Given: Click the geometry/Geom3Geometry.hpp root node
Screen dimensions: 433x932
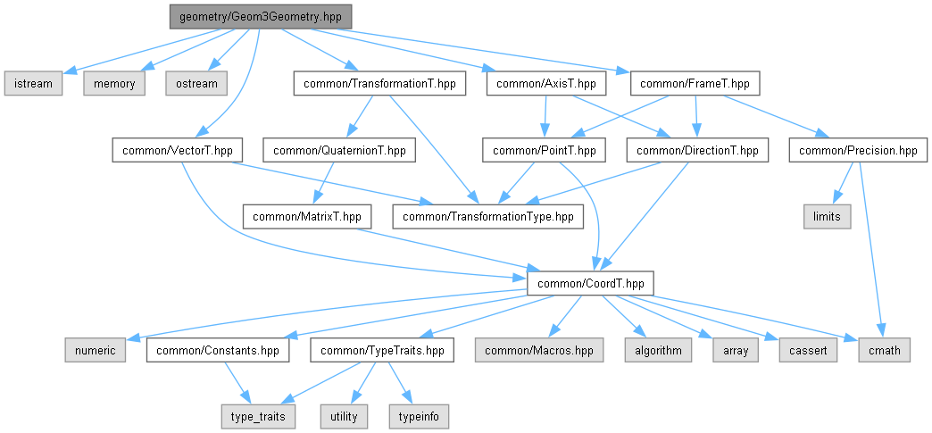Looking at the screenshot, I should tap(260, 17).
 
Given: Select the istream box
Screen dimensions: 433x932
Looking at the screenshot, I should tap(33, 84).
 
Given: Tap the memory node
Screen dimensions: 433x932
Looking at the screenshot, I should tap(114, 84).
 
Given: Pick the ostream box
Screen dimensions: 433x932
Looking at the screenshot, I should tap(196, 84).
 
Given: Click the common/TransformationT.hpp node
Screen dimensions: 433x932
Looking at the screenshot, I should tap(379, 84).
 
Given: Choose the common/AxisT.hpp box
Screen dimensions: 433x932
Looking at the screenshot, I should tap(546, 84).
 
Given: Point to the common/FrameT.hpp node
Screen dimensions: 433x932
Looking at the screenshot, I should tap(695, 84).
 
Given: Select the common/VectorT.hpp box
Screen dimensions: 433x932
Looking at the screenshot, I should tap(174, 151).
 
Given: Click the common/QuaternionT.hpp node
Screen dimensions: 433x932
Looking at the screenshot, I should tap(339, 151).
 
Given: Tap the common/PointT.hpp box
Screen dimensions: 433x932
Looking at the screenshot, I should tap(540, 151).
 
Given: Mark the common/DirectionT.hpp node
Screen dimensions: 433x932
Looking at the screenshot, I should tap(697, 151).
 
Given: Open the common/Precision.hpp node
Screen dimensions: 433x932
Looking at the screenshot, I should tap(858, 151).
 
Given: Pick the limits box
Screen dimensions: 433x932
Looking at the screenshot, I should tap(827, 217).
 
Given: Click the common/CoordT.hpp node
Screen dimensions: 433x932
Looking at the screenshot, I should tap(590, 284).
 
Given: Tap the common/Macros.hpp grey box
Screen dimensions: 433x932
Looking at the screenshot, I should tap(539, 351).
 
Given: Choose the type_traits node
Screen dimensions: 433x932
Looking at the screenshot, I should tap(258, 417).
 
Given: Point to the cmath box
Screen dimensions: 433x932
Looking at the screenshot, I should tap(885, 351).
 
